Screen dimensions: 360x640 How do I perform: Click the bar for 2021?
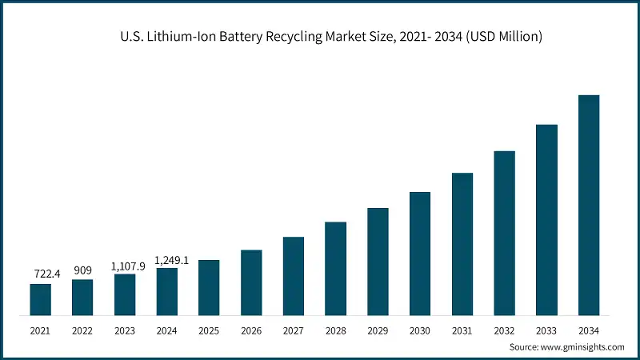(40, 299)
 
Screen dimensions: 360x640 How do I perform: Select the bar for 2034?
(589, 205)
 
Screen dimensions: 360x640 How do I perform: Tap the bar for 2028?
(335, 268)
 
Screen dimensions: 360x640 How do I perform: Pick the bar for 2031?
(462, 243)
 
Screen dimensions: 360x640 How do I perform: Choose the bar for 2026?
(251, 282)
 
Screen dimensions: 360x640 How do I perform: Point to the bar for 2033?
(546, 219)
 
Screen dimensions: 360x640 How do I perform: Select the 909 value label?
(82, 270)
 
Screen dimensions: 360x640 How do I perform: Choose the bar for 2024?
(166, 291)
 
